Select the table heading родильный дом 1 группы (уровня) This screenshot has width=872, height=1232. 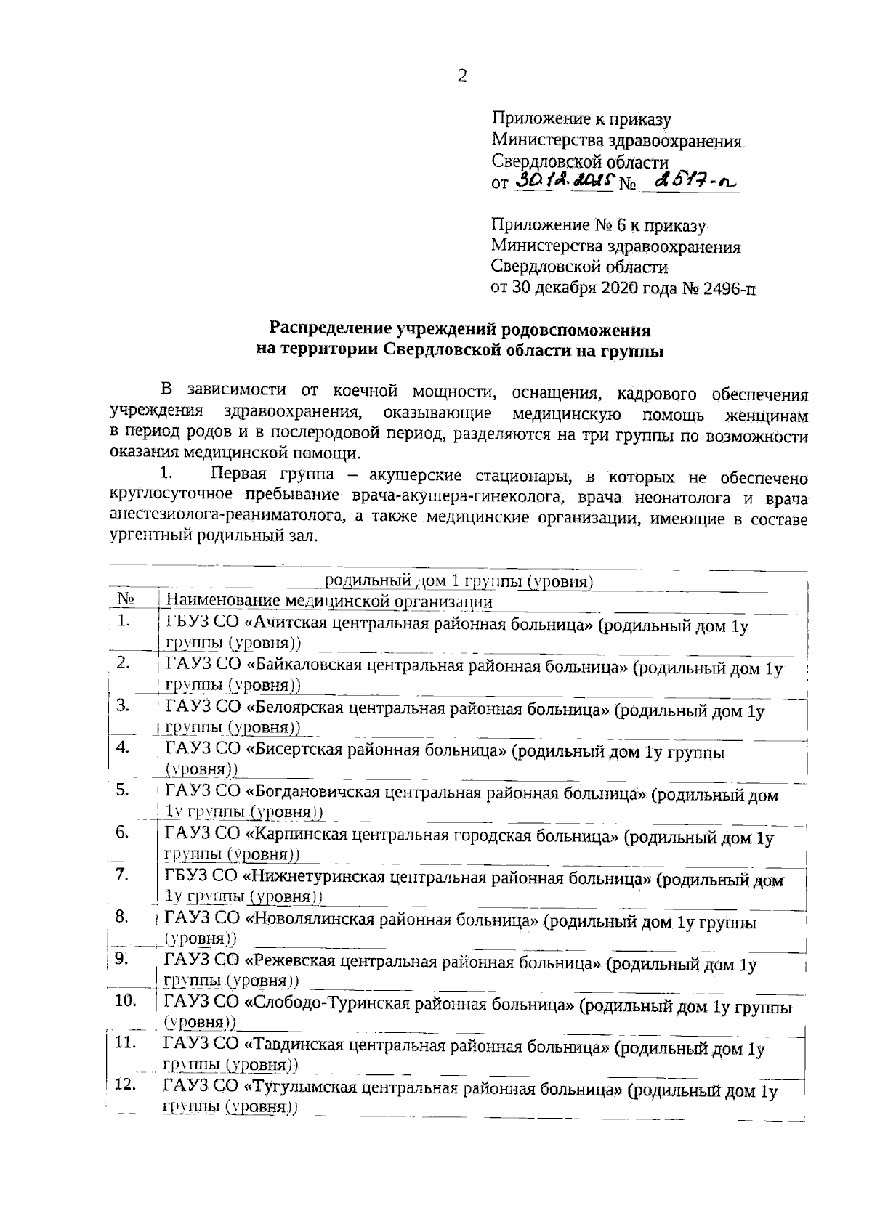coord(459,582)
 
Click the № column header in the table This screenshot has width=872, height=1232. coord(126,601)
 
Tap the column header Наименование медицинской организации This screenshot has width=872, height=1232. coord(328,602)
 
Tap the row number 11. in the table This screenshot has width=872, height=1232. coord(126,1043)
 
